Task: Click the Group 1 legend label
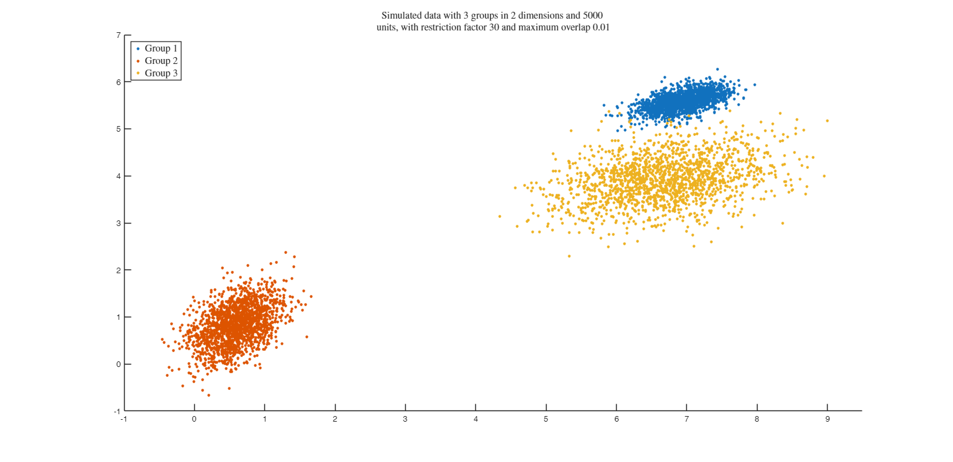161,48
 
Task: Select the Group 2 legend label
161,61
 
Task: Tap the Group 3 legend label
161,73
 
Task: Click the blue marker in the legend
138,48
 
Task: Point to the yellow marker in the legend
138,73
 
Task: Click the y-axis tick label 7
118,35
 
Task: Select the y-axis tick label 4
118,176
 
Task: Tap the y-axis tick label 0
118,365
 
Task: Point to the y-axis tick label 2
118,270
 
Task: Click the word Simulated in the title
402,15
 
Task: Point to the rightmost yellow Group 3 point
827,120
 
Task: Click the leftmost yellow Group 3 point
499,216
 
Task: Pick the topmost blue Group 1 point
717,69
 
